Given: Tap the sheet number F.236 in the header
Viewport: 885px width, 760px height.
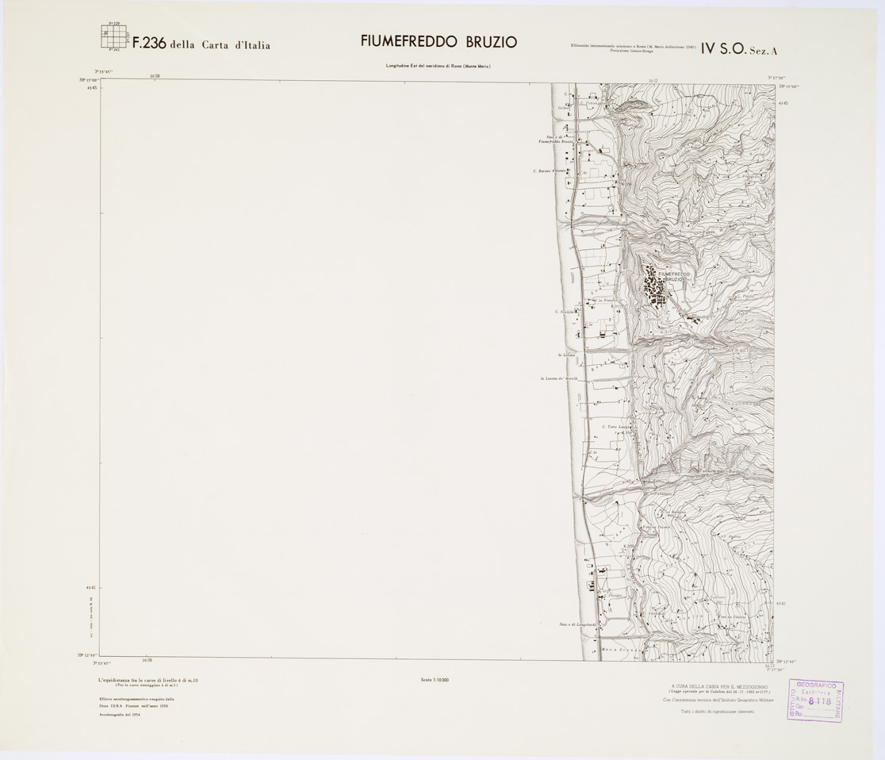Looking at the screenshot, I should pos(149,44).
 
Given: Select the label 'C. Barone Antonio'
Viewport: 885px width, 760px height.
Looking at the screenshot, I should pos(554,171).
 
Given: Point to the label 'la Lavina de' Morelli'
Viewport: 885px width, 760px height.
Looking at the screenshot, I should pos(564,378).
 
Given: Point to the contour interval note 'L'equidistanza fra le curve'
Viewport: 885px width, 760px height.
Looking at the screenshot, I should pos(147,680).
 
